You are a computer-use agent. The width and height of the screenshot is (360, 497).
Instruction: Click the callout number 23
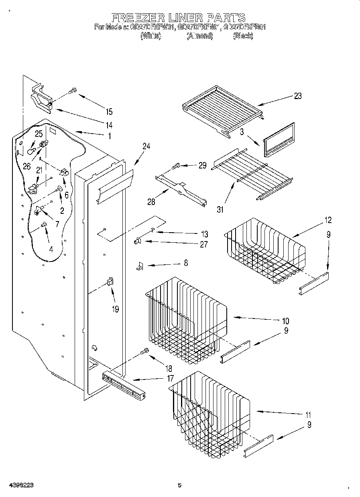pos(297,96)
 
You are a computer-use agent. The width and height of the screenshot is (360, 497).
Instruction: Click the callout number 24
pos(146,147)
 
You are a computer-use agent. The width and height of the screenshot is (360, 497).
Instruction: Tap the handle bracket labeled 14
pos(42,98)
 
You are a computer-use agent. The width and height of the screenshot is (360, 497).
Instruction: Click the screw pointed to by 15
pos(73,91)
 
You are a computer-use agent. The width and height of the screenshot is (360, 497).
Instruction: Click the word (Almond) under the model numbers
pos(200,36)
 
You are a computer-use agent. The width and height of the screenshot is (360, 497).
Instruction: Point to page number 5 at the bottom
pos(179,485)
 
